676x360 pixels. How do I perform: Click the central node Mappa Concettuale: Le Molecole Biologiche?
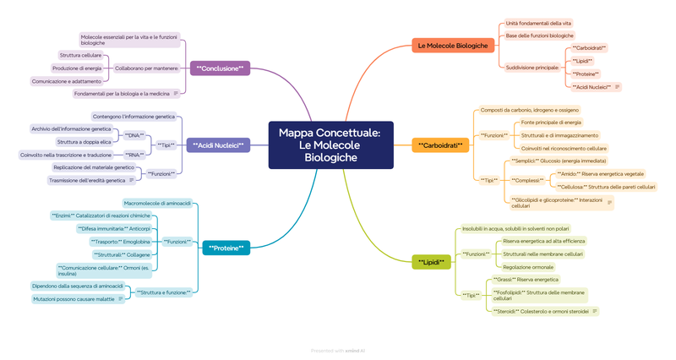[x=330, y=145]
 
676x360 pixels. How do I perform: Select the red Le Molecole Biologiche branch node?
[x=453, y=45]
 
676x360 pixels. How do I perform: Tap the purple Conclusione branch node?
[x=219, y=68]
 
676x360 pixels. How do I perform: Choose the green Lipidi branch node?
[x=431, y=262]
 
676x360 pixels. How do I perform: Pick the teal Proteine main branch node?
[x=226, y=248]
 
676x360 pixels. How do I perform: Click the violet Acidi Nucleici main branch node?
[x=218, y=145]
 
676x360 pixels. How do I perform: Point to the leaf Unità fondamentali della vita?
[x=538, y=23]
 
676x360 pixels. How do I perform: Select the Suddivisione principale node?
[x=532, y=67]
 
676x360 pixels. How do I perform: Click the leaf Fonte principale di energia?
[x=551, y=123]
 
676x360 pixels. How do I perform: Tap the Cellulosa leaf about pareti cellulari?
[x=607, y=187]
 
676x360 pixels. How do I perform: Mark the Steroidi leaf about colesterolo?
[x=541, y=311]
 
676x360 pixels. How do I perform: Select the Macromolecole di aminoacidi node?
[x=157, y=203]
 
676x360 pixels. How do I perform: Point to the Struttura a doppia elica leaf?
[x=84, y=141]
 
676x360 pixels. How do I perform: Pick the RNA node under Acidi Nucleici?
[x=134, y=155]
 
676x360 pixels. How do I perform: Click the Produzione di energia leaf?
[x=77, y=68]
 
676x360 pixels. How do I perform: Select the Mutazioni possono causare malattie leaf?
[x=74, y=298]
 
